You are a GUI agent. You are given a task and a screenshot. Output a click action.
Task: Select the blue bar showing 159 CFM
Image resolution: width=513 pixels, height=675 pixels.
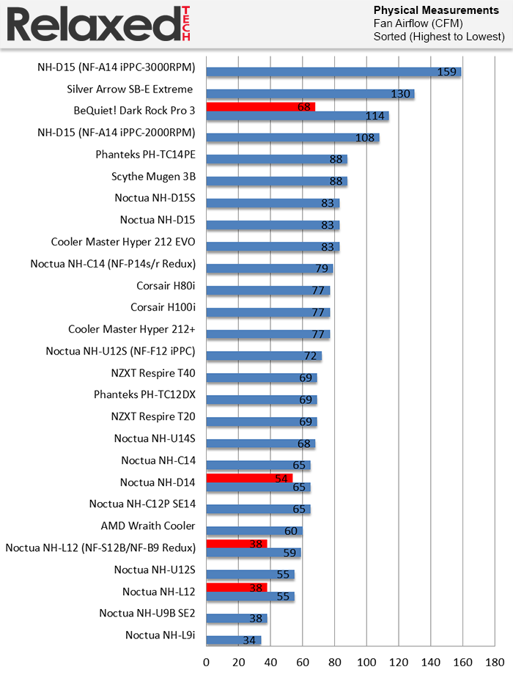coord(333,71)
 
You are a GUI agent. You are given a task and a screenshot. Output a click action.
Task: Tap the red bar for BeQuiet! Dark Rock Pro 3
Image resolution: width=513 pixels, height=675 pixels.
coord(260,106)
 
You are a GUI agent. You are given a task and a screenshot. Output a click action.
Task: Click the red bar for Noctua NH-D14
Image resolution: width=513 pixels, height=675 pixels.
coord(249,478)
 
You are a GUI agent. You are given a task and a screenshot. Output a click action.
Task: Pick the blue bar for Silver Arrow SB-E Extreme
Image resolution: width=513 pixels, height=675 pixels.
coord(310,94)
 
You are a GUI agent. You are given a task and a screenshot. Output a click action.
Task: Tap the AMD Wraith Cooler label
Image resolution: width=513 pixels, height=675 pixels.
coord(148,525)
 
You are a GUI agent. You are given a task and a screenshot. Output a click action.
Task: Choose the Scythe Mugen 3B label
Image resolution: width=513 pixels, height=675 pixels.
coord(153,177)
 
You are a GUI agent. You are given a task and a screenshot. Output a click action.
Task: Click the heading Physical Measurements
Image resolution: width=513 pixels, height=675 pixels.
coord(436,10)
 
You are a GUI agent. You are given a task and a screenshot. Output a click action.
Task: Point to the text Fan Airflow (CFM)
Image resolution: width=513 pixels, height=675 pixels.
coord(418,23)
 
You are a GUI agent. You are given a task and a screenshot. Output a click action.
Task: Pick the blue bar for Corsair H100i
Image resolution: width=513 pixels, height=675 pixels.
coord(268,313)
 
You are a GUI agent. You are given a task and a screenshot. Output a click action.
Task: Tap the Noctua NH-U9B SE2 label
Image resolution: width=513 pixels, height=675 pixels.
coord(147,613)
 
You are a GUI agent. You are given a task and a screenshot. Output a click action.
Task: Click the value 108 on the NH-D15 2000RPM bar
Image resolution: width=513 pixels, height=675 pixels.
coord(364,137)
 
